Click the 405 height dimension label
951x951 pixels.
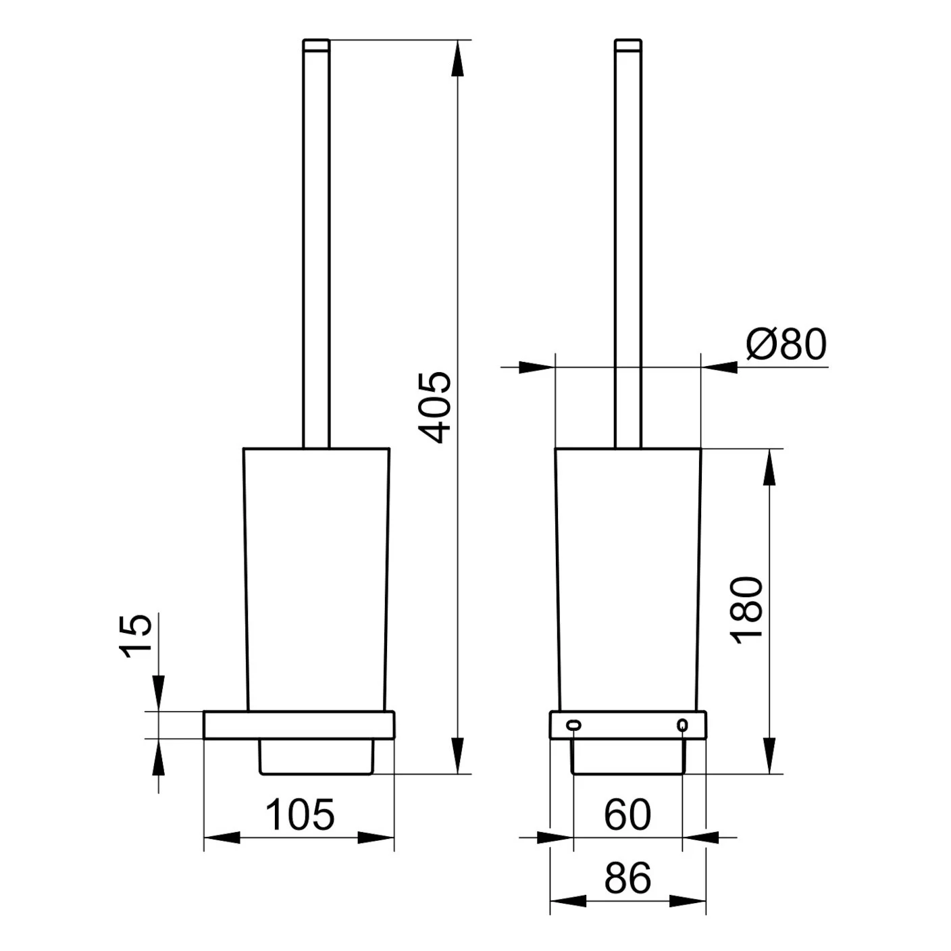(435, 408)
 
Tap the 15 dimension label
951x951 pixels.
(134, 636)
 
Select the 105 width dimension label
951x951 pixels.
(300, 815)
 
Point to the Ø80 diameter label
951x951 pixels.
(786, 344)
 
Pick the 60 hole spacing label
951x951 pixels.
(627, 815)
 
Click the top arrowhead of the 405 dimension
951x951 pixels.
(459, 58)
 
